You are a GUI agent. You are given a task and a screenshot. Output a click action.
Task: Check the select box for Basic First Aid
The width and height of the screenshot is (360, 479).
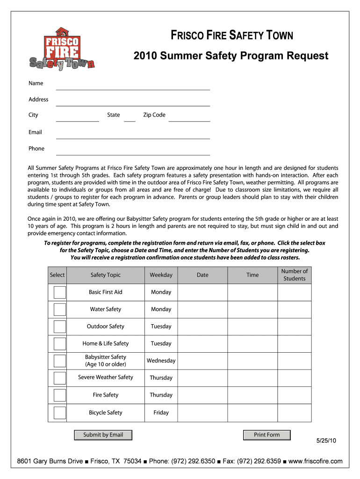point(59,292)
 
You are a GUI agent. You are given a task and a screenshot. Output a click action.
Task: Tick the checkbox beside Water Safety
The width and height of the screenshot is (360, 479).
point(59,309)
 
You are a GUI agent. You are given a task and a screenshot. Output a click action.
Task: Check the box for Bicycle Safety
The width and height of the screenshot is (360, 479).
point(59,413)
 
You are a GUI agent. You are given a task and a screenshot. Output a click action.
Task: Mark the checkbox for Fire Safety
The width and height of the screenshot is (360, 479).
point(59,395)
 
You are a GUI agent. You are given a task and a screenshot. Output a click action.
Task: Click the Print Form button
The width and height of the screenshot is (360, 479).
point(266,435)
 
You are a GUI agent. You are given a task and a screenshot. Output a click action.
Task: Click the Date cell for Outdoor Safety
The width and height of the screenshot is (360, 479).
point(202,327)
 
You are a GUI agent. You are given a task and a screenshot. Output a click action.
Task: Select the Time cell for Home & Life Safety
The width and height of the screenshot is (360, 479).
point(252,344)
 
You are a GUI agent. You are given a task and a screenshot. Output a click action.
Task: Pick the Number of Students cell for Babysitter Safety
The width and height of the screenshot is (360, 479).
point(294,361)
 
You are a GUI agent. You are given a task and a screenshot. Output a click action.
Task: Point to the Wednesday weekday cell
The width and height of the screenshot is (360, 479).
point(161,361)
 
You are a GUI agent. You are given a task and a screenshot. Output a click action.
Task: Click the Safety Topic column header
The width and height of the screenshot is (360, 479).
point(105,275)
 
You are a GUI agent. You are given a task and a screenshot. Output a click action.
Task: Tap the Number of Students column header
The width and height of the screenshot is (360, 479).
point(294,275)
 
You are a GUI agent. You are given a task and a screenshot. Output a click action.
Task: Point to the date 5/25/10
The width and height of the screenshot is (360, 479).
point(326,441)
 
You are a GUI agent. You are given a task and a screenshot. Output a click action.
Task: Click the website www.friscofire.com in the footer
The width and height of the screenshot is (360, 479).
point(316,462)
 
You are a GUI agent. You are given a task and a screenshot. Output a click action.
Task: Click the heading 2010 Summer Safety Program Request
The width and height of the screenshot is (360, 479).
point(231,56)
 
